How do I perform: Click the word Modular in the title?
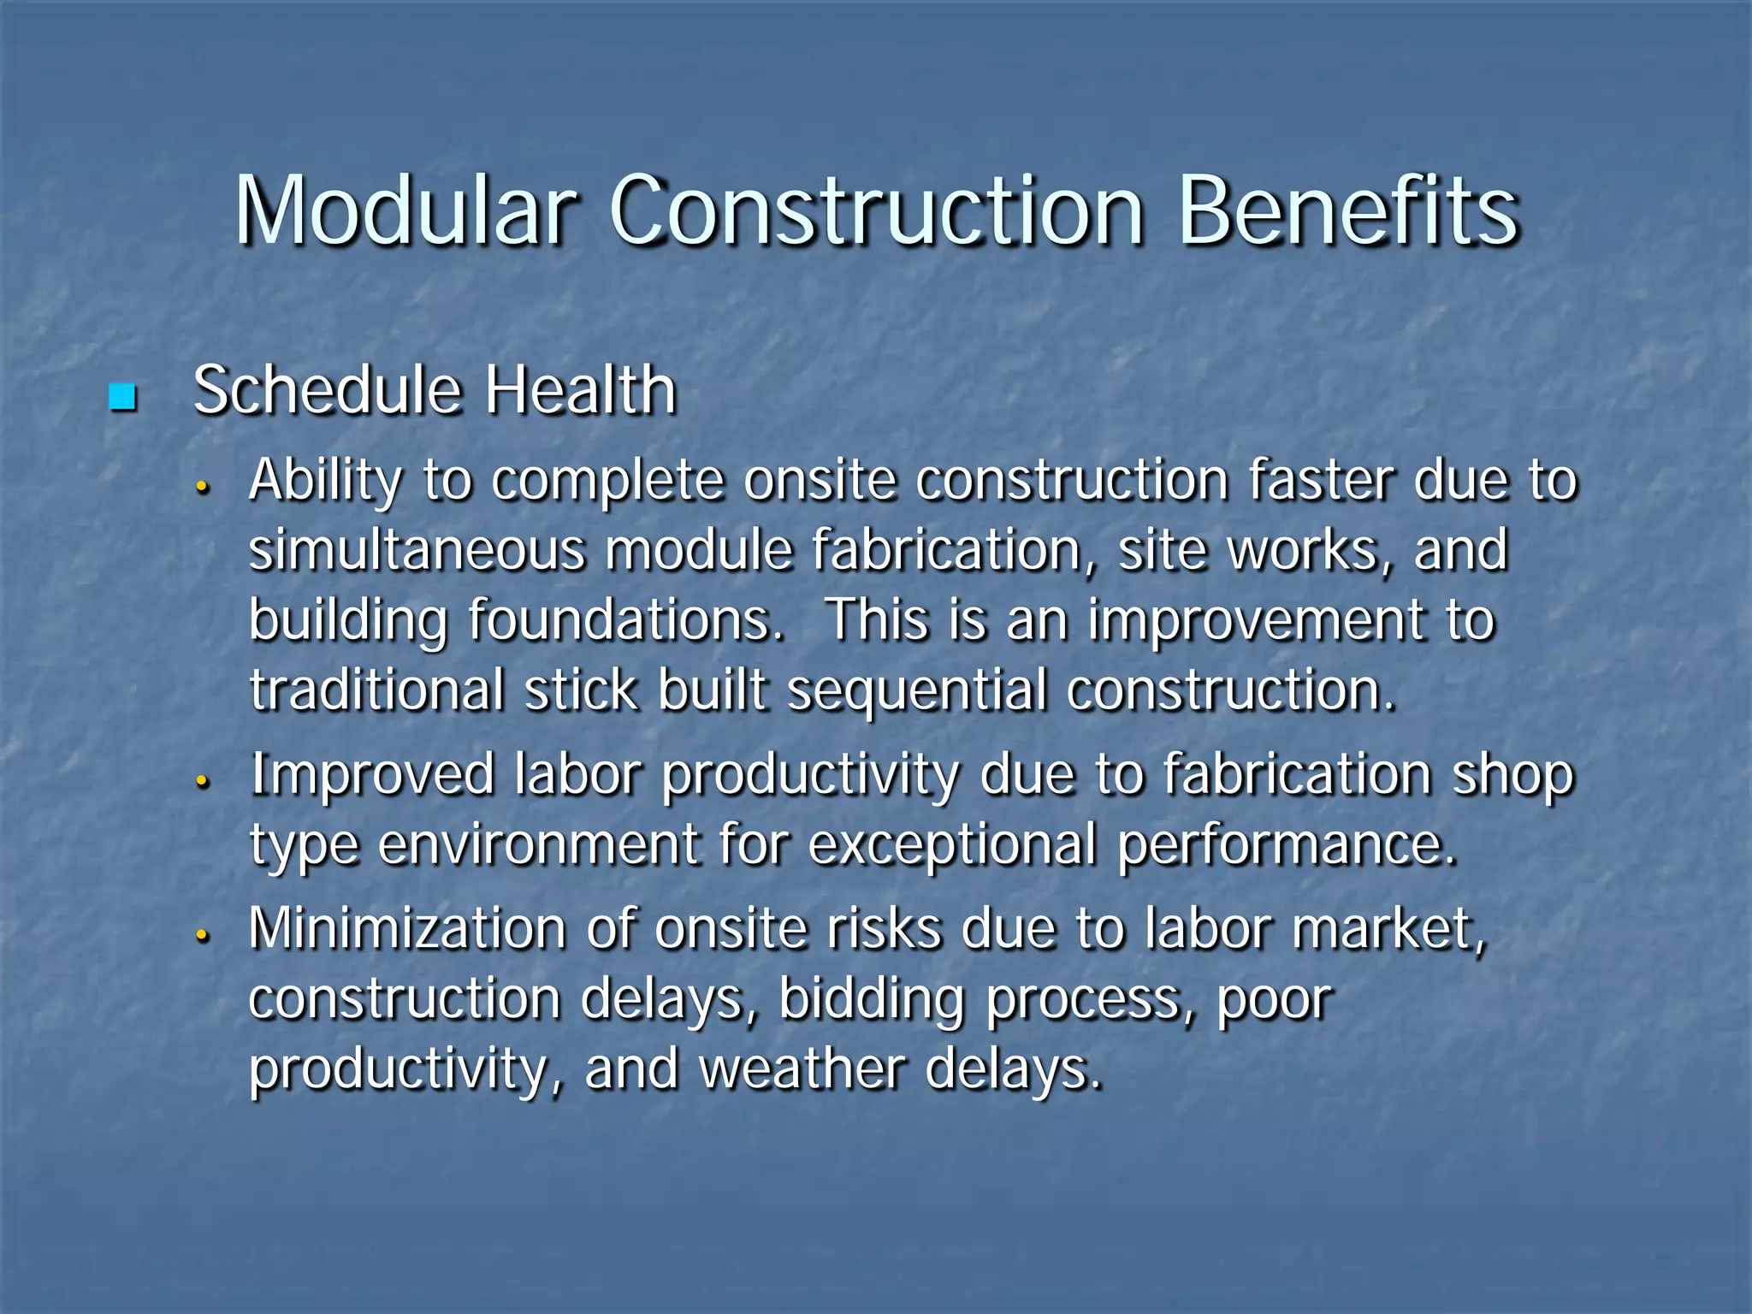(405, 210)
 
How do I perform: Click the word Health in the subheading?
(581, 391)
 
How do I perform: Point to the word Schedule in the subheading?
(328, 391)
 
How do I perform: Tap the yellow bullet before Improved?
(203, 781)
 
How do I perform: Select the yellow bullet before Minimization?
(203, 936)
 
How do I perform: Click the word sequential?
(916, 691)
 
